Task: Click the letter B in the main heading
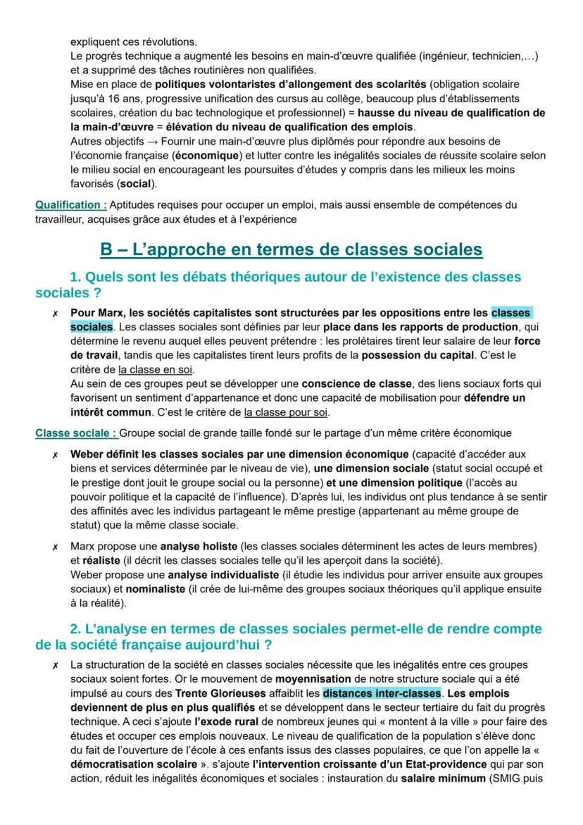click(x=108, y=249)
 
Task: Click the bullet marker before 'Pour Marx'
click(x=55, y=313)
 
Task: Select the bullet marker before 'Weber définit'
click(x=55, y=454)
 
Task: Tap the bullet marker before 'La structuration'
click(x=55, y=665)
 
